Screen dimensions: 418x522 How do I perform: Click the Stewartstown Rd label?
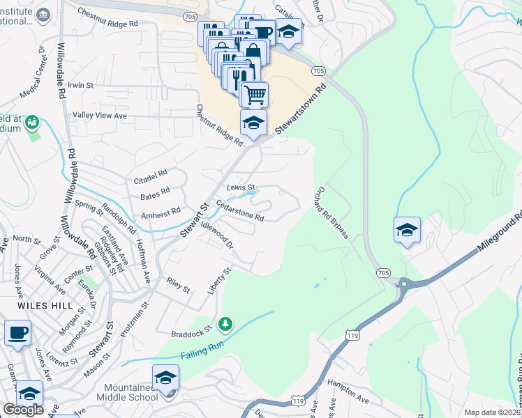coord(300,110)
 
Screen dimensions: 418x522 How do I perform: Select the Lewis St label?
coord(241,187)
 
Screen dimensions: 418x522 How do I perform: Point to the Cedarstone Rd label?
coord(240,212)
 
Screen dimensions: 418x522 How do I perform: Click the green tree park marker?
coord(225,324)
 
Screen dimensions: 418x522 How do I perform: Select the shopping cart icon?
coord(255,94)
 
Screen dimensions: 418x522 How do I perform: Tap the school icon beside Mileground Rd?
coord(407,230)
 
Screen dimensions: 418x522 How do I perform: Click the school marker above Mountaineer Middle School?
coord(165,378)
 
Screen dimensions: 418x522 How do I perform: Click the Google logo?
coord(23,410)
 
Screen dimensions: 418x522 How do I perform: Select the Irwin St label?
coord(81,85)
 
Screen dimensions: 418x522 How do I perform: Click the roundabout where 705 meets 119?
coord(403,283)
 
